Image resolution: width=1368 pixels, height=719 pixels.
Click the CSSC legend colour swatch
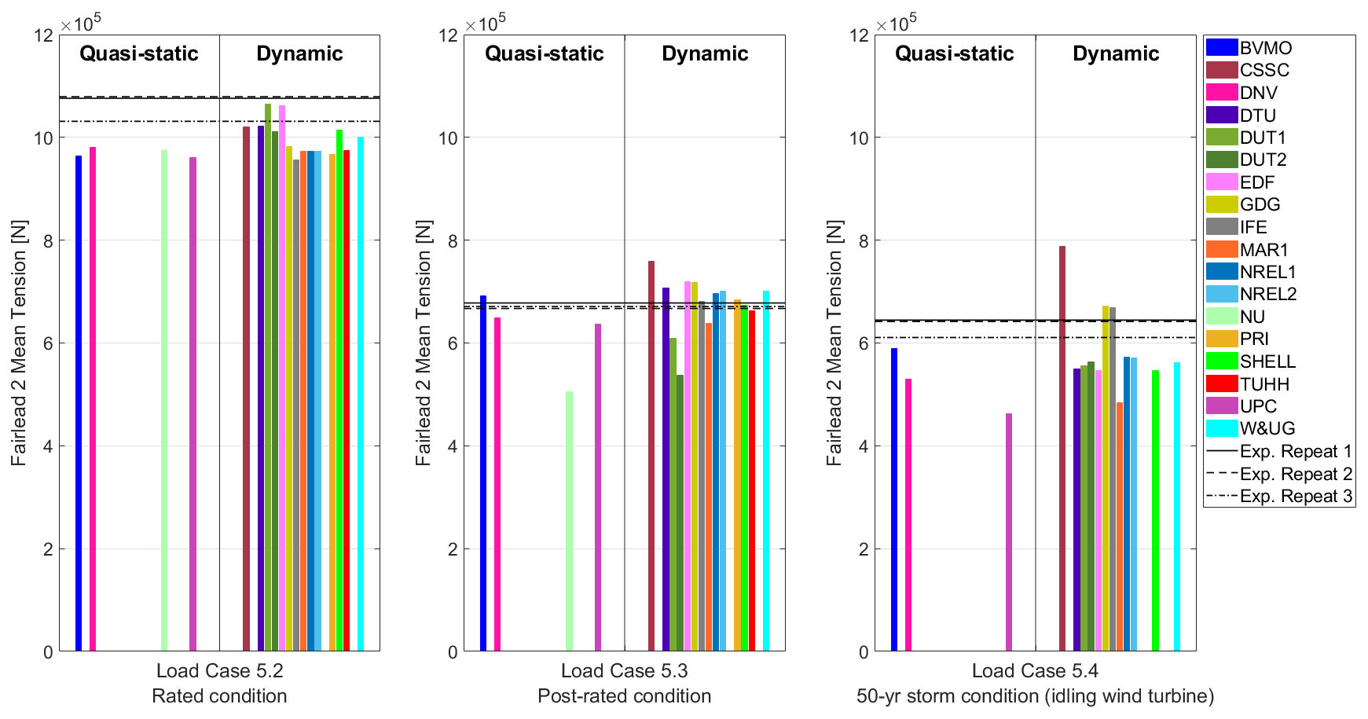pos(1221,70)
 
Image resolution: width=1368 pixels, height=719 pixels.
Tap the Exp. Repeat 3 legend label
pos(1296,496)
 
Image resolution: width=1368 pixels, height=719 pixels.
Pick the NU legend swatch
pos(1221,317)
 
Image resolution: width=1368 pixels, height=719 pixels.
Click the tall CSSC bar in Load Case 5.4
pos(1062,448)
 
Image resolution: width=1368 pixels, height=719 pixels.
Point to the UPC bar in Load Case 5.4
pos(1009,532)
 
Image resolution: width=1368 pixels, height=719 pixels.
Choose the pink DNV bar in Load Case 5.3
pos(497,484)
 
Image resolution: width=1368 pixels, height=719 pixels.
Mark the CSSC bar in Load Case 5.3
pos(651,456)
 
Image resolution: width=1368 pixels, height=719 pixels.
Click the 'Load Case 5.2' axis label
pos(219,671)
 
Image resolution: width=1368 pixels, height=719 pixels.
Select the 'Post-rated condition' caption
pos(624,696)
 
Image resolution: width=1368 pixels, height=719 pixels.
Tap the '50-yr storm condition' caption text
pos(1035,696)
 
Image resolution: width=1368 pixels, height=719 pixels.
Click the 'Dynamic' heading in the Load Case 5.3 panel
pos(705,53)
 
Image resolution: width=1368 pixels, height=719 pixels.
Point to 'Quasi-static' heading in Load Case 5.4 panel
pos(954,53)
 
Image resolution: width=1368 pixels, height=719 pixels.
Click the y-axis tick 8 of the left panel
pos(49,240)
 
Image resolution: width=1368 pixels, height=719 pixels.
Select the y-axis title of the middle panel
pos(424,343)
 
